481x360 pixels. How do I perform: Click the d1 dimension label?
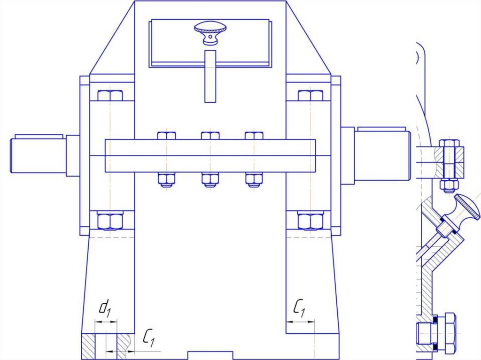point(106,309)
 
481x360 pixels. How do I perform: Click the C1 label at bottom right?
point(300,308)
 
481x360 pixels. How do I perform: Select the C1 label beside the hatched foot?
point(149,338)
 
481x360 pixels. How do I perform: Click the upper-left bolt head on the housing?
point(110,96)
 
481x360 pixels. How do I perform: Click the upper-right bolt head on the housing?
point(310,96)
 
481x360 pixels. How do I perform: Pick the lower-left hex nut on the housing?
point(110,220)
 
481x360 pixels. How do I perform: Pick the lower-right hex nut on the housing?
point(310,220)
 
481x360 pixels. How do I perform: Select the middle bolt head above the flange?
point(210,136)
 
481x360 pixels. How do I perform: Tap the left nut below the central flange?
point(167,180)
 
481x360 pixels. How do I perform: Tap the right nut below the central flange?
point(254,180)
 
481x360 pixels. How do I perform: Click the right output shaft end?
point(380,154)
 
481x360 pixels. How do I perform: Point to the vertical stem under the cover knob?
point(210,75)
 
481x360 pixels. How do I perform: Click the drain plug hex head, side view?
point(449,334)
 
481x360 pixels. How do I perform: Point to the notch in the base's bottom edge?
point(210,354)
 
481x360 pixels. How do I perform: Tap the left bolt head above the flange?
point(167,136)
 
